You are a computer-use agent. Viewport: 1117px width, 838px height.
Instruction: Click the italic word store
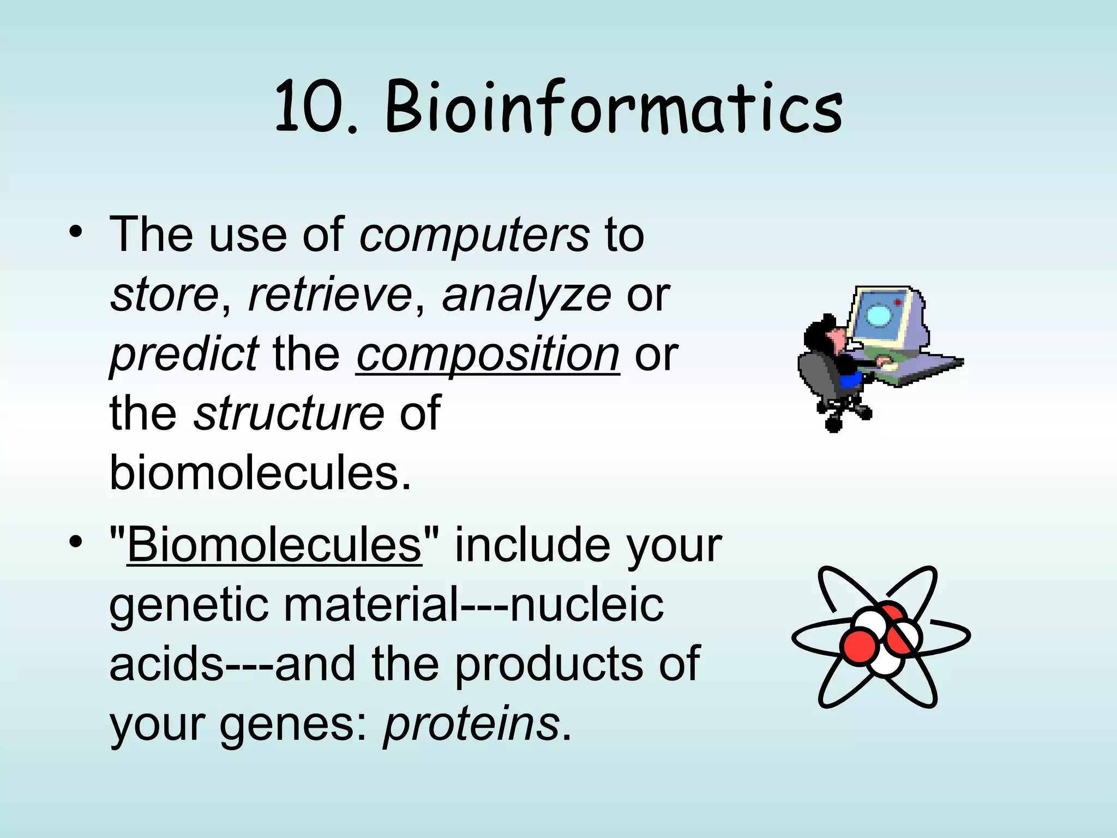[164, 295]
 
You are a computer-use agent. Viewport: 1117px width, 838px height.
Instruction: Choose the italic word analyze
[526, 295]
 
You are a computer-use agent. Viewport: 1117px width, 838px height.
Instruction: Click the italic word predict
[184, 355]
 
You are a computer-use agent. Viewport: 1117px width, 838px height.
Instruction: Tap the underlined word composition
[488, 355]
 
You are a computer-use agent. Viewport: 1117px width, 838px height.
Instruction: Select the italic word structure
[290, 413]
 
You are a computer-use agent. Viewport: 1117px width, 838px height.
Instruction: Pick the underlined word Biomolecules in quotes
[274, 545]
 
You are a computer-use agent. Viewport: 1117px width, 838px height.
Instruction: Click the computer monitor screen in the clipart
[879, 315]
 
